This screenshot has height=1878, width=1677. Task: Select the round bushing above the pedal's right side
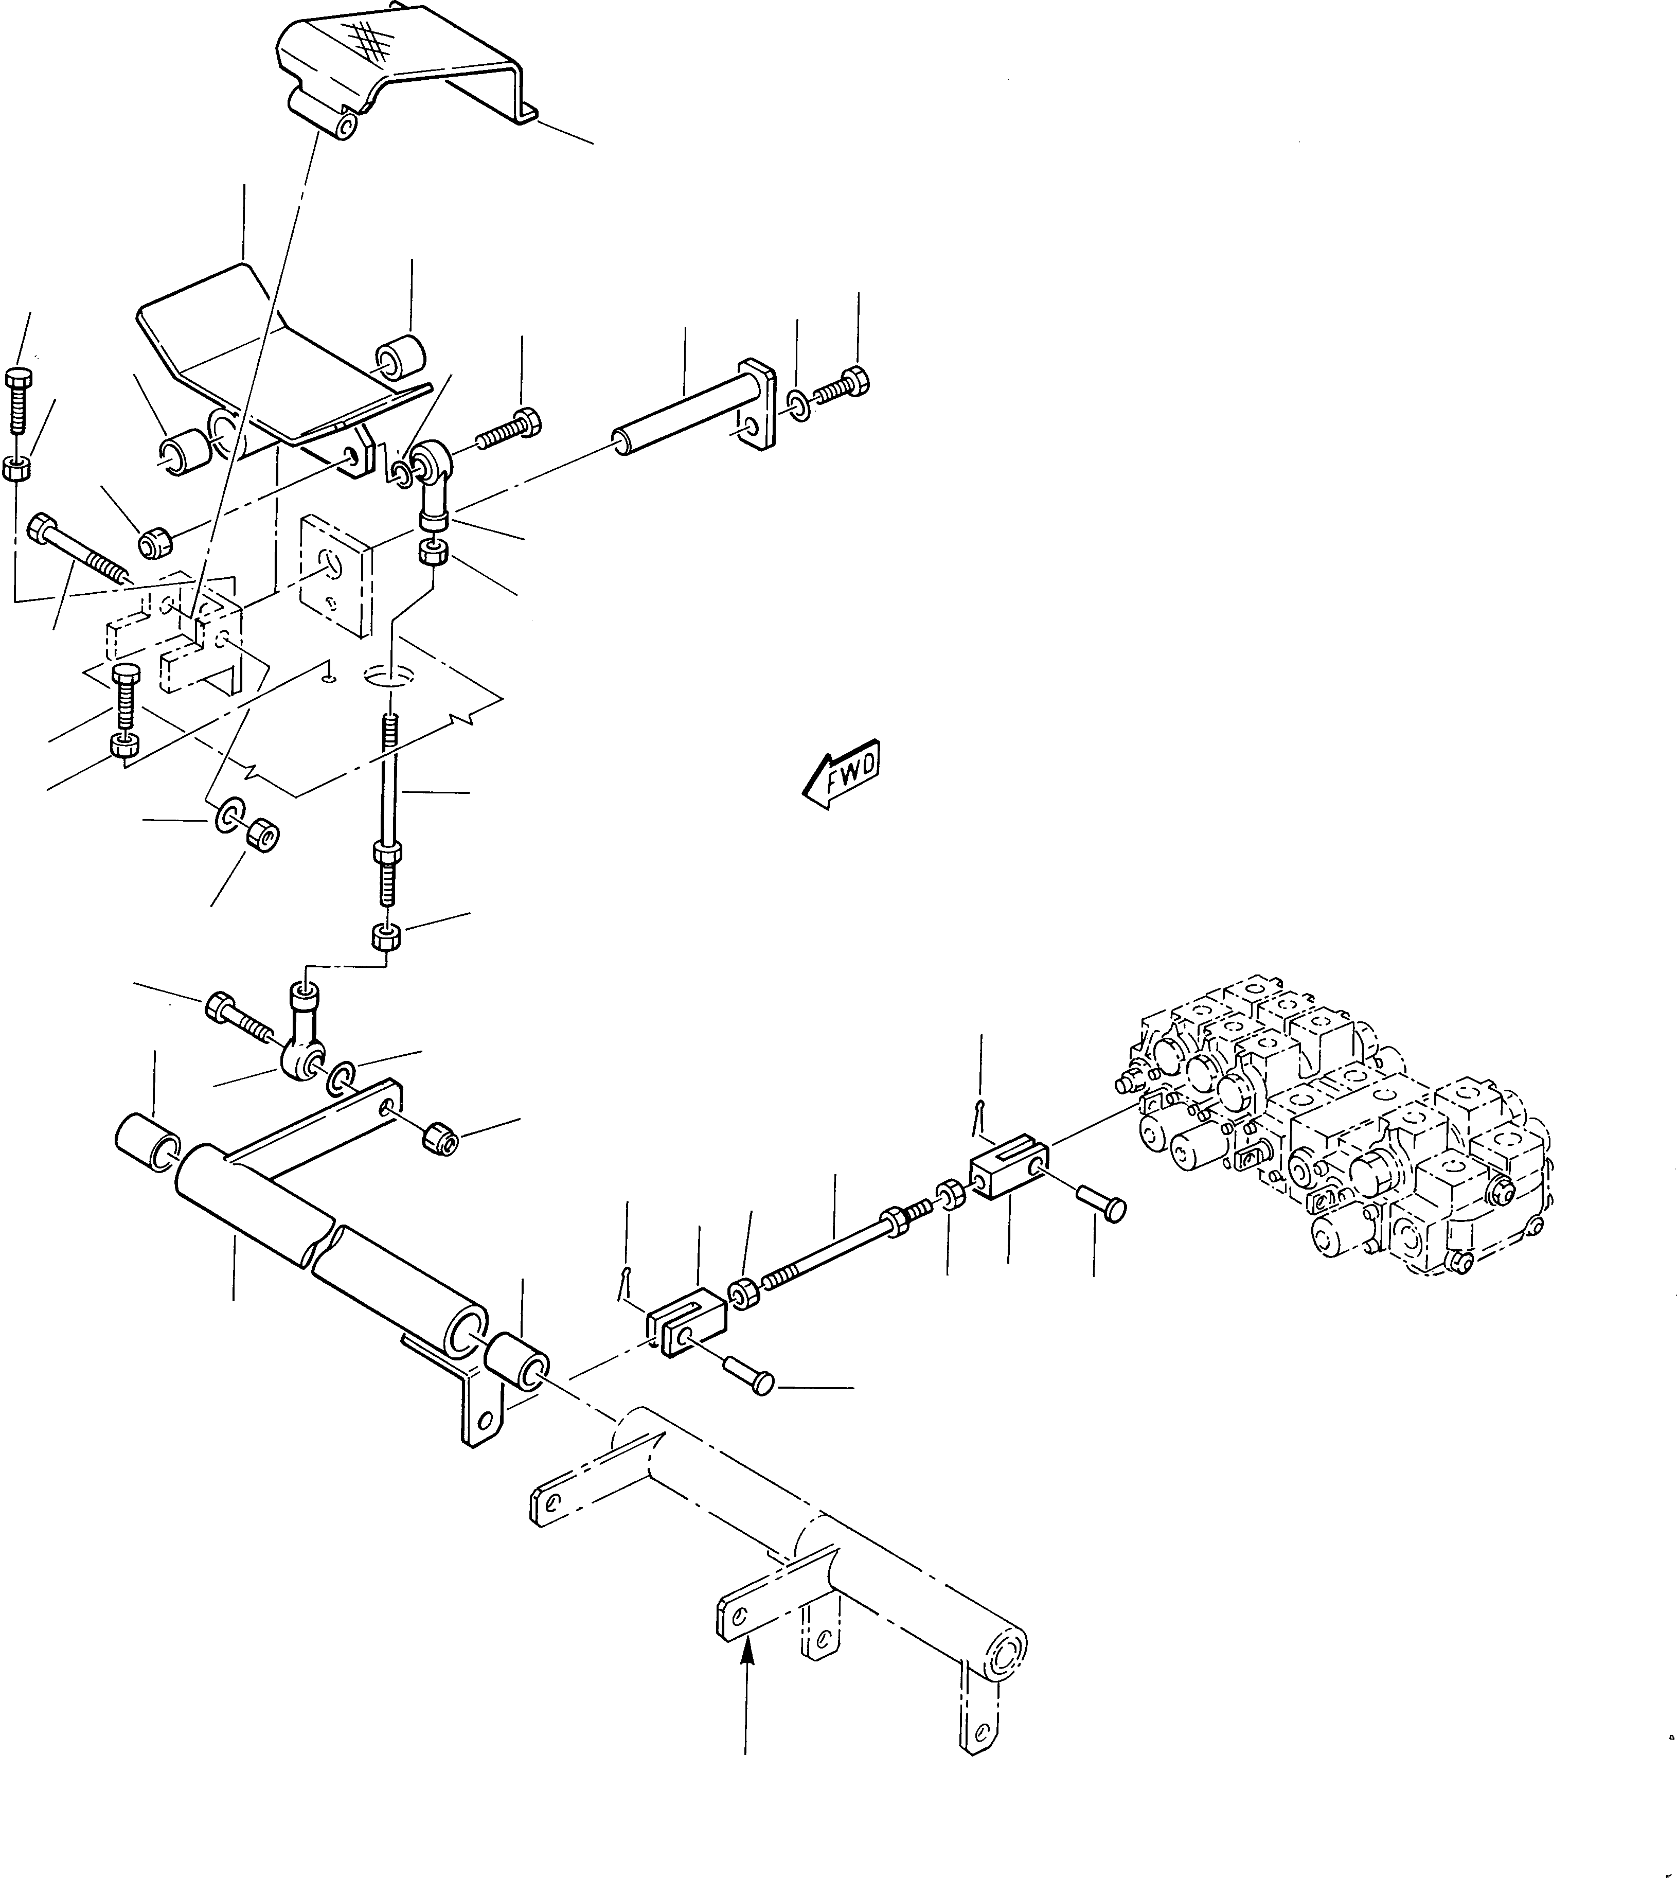point(400,359)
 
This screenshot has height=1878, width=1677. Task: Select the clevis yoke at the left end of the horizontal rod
point(686,1327)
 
